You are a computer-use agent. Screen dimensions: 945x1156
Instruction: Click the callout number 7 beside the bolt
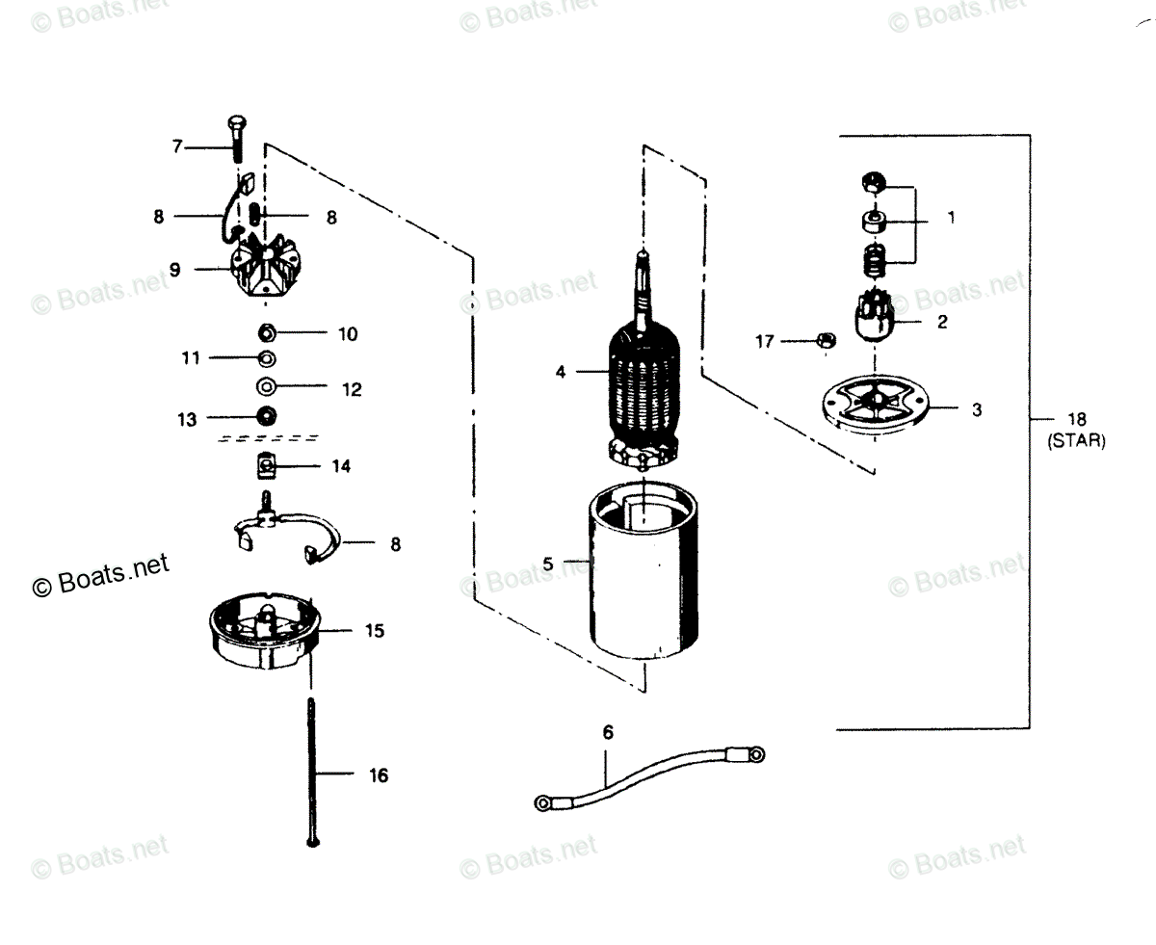[x=176, y=147]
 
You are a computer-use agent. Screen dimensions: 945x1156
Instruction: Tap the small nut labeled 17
[x=824, y=340]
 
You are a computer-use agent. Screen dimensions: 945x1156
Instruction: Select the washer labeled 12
[x=265, y=388]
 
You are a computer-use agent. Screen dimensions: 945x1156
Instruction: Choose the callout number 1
[x=951, y=219]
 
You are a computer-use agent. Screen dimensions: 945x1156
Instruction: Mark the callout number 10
[x=348, y=333]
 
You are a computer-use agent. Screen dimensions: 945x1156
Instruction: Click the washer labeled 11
[x=266, y=358]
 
